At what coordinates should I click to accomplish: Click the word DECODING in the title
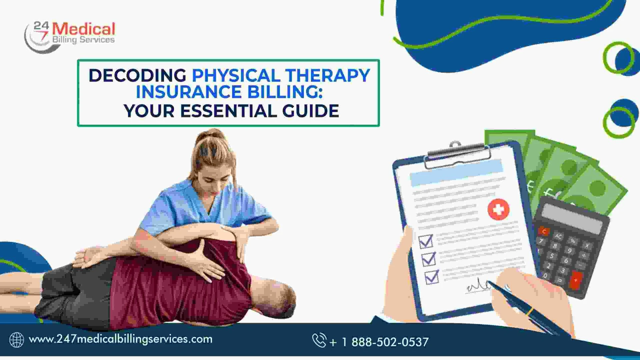pyautogui.click(x=137, y=75)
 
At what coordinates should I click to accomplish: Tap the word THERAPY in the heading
pyautogui.click(x=327, y=75)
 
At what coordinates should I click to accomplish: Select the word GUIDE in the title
pyautogui.click(x=311, y=111)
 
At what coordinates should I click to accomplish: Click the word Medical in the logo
pyautogui.click(x=84, y=29)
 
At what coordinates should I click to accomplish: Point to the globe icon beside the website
pyautogui.click(x=17, y=340)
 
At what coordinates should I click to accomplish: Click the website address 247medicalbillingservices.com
pyautogui.click(x=121, y=339)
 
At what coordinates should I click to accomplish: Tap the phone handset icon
pyautogui.click(x=319, y=340)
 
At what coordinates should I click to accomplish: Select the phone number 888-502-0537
pyautogui.click(x=390, y=342)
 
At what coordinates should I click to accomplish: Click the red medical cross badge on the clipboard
pyautogui.click(x=498, y=209)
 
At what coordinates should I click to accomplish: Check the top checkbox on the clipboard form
pyautogui.click(x=426, y=241)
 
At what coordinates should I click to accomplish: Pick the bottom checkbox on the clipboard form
pyautogui.click(x=432, y=277)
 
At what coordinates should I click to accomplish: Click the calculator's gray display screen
pyautogui.click(x=572, y=218)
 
